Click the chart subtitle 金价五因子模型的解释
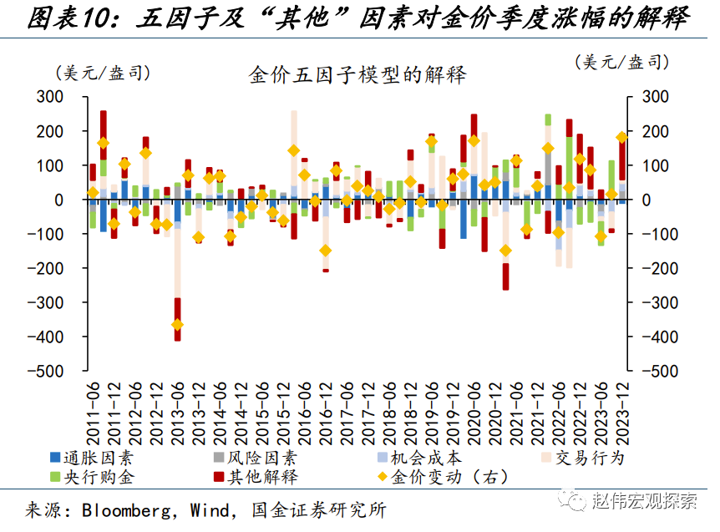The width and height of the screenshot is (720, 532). (357, 74)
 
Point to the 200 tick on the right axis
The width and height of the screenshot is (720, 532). (655, 132)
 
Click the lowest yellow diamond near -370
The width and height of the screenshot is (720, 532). (177, 326)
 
